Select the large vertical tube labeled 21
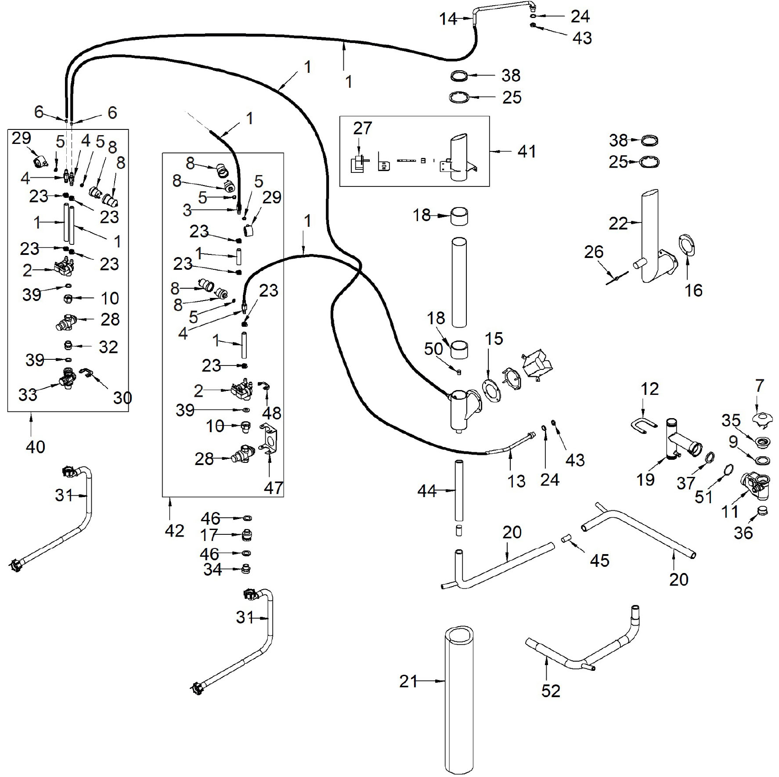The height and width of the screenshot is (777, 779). tap(459, 702)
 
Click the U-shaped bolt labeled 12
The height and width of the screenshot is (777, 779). tap(642, 425)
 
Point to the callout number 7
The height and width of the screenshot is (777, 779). tap(759, 386)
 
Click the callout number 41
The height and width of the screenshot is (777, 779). tap(527, 151)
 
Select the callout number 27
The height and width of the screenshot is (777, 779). tap(362, 128)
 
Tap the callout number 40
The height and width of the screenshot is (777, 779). tap(36, 447)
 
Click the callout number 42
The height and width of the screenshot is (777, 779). tap(174, 530)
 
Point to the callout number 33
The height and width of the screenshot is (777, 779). tap(28, 394)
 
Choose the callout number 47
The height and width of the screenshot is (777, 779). tap(273, 487)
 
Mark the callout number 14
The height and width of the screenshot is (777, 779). tap(448, 19)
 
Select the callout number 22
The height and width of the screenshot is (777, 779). tap(618, 223)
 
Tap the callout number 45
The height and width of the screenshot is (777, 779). tap(599, 560)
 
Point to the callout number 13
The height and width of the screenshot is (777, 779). tap(516, 481)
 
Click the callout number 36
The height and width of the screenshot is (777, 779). tap(743, 532)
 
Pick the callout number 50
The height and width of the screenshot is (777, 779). tap(433, 349)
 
